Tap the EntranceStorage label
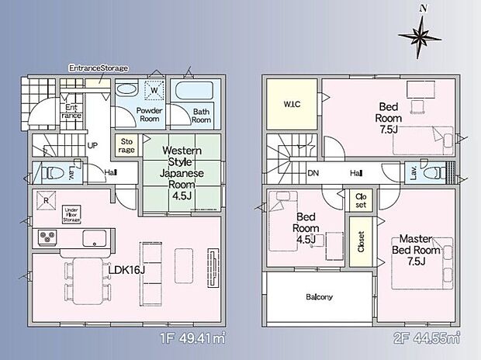click(x=99, y=67)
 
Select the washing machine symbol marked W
click(x=154, y=90)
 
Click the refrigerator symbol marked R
click(x=46, y=201)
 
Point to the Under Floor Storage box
click(x=72, y=215)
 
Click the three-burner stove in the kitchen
click(x=47, y=237)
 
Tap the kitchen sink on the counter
click(x=95, y=238)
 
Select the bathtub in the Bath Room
click(x=195, y=91)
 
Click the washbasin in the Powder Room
click(x=127, y=89)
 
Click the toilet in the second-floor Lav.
click(x=434, y=172)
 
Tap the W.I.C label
click(x=292, y=104)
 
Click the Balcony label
click(x=319, y=297)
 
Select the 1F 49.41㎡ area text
click(x=192, y=338)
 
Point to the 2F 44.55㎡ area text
click(x=427, y=338)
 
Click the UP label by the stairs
click(x=92, y=145)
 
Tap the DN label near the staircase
click(x=313, y=173)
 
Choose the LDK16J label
click(x=126, y=270)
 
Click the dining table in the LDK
click(x=88, y=281)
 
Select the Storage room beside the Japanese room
click(x=126, y=145)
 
